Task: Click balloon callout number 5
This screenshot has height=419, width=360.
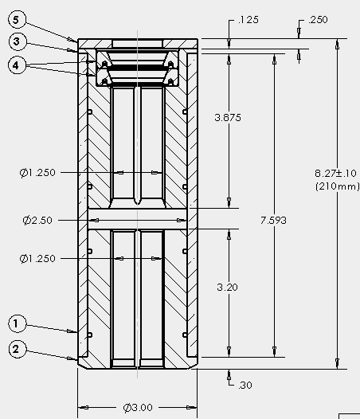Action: coord(17,20)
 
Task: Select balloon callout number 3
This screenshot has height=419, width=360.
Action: coord(17,41)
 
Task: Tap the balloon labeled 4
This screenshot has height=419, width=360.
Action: coord(17,65)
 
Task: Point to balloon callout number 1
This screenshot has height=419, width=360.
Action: coord(18,324)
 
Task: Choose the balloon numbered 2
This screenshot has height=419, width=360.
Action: coord(18,349)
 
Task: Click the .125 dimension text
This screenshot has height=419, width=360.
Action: coord(248,20)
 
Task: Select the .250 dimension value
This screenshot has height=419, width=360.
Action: coord(318,20)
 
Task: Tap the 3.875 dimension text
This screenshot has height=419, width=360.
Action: coord(228,118)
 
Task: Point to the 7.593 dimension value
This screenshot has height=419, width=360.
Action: coord(273,221)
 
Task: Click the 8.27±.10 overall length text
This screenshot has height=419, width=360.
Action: coord(335,174)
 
